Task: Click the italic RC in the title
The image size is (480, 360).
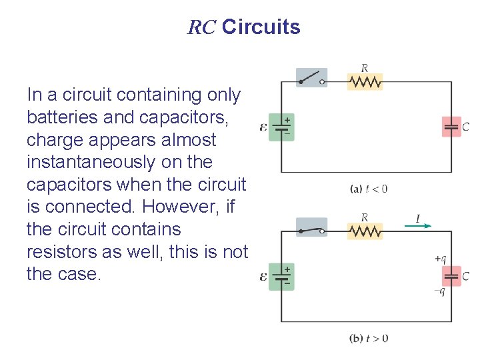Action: coord(201,27)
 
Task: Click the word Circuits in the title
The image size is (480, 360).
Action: coord(261,27)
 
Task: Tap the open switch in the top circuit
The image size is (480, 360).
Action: coord(311,77)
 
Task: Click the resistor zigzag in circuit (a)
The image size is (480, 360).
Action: coord(365,81)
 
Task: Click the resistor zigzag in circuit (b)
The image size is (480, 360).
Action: coord(365,231)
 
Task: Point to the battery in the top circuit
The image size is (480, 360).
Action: coord(281,127)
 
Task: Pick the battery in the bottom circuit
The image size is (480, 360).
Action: coord(281,276)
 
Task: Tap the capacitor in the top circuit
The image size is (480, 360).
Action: coord(451,127)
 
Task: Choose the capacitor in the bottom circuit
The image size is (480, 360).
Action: coord(451,276)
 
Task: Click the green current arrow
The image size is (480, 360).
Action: coord(418,225)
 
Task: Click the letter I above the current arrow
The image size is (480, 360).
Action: coord(417,217)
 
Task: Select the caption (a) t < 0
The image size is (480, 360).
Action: coord(369,189)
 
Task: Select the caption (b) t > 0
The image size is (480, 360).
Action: coord(369,338)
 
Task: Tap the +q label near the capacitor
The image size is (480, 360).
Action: coord(440,259)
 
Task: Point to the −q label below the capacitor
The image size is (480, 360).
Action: coord(439,291)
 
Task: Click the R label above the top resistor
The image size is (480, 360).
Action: coord(365,67)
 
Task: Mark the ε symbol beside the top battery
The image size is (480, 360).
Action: coord(264,127)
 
